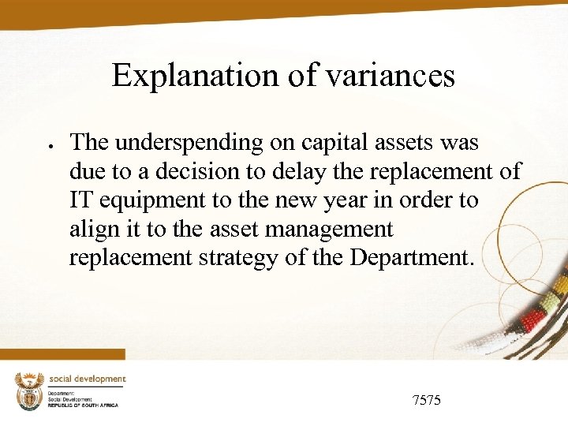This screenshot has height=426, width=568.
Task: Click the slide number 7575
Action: point(427,400)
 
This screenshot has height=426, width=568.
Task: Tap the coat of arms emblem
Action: point(29,390)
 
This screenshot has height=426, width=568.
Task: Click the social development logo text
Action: point(88,379)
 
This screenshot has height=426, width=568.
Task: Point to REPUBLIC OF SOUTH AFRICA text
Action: point(83,405)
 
